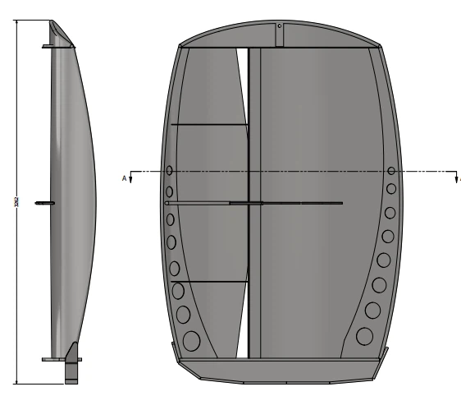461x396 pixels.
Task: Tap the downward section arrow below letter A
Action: click(x=131, y=177)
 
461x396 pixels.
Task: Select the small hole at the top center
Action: click(x=280, y=25)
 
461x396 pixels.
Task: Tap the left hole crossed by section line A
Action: click(x=169, y=172)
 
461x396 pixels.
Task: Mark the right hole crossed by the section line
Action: click(x=391, y=172)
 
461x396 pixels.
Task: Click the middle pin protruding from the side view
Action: click(x=43, y=202)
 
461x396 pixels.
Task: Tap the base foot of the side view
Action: click(x=72, y=370)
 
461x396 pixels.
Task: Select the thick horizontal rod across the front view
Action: click(x=254, y=202)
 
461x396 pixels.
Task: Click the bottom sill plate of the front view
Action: click(x=280, y=370)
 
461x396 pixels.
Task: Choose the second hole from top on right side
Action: click(x=391, y=191)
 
